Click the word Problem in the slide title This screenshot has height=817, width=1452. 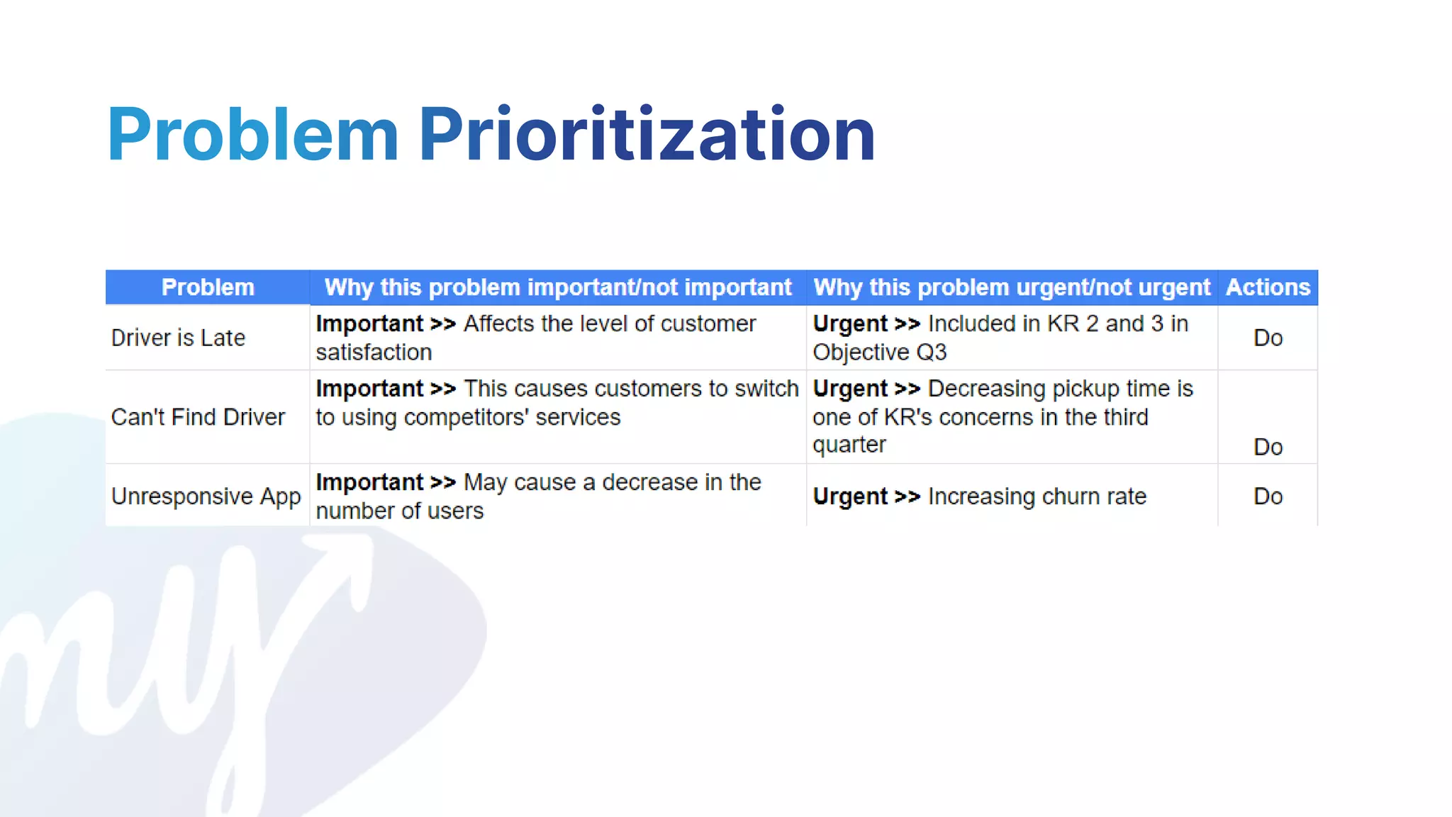(252, 135)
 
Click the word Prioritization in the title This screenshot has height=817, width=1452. (647, 135)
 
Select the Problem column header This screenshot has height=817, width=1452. (208, 287)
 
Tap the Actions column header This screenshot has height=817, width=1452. (1268, 287)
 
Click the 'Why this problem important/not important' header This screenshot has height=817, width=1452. (558, 287)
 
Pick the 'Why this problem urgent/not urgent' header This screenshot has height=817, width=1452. (1012, 287)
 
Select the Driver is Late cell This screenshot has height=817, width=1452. (178, 338)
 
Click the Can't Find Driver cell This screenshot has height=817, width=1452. (198, 417)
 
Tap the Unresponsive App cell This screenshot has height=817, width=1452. (206, 496)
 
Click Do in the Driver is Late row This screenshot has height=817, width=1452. (1268, 338)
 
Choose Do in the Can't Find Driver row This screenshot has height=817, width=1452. (1268, 447)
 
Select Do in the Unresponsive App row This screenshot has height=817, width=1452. (1268, 496)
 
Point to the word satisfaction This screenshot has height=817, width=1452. (374, 352)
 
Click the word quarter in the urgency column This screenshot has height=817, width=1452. (849, 445)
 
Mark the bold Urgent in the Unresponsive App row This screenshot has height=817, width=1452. (850, 496)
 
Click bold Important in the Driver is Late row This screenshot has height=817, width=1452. (369, 323)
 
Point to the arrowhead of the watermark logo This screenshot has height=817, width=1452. (347, 553)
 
